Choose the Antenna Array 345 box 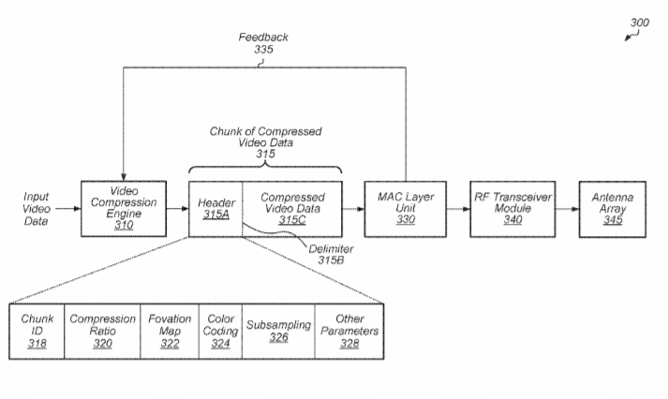(612, 207)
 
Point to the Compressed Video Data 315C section (291, 207)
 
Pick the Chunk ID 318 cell (37, 331)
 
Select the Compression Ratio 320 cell (102, 331)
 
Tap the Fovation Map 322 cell (170, 331)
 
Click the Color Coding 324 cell (221, 331)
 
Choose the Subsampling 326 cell (278, 331)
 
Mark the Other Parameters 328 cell (349, 331)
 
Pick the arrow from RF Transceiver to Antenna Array (562, 208)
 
